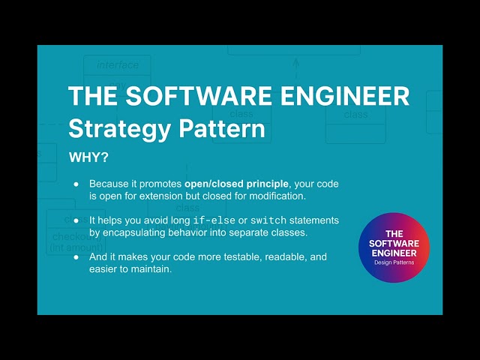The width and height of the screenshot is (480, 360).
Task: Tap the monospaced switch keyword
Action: pos(268,220)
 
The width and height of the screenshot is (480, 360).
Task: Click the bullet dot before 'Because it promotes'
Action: pos(76,184)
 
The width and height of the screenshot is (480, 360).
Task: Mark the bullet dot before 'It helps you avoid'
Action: pos(76,220)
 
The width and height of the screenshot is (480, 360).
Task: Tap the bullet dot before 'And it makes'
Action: pos(76,257)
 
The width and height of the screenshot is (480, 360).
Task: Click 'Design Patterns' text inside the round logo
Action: pos(394,262)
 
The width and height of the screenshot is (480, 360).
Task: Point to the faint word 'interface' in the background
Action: pos(118,65)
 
